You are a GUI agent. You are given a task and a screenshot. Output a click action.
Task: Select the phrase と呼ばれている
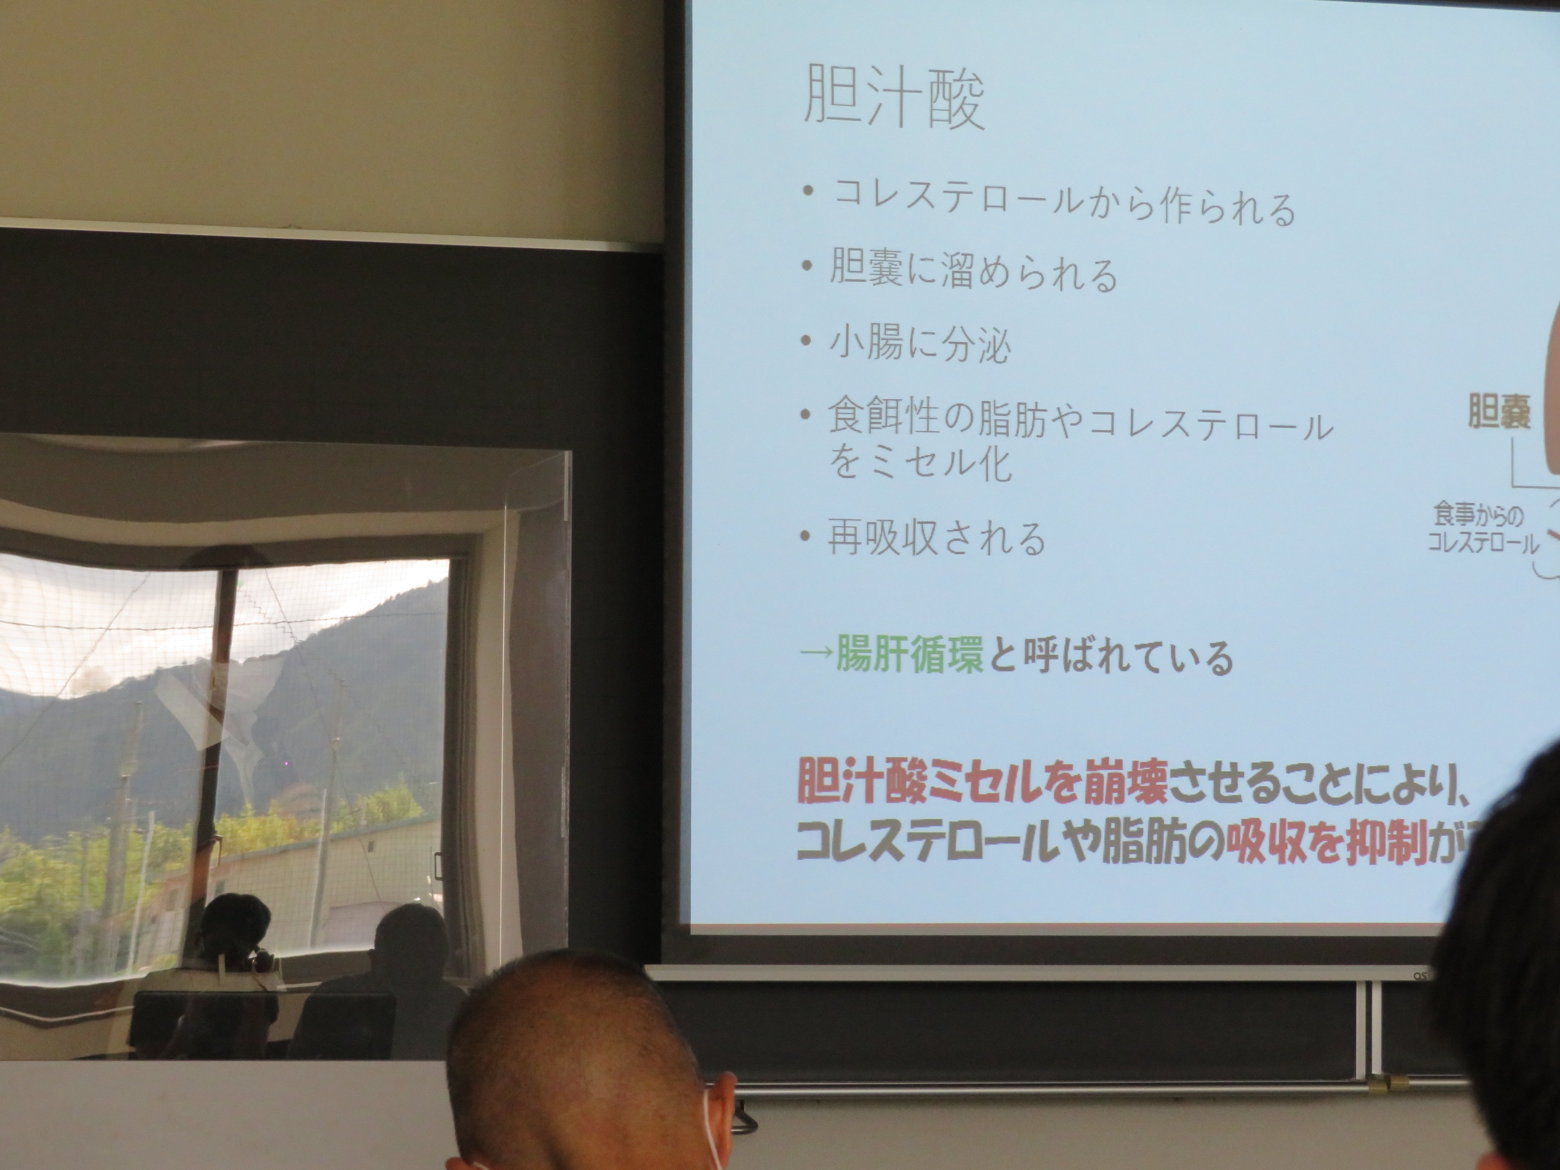[1110, 657]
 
